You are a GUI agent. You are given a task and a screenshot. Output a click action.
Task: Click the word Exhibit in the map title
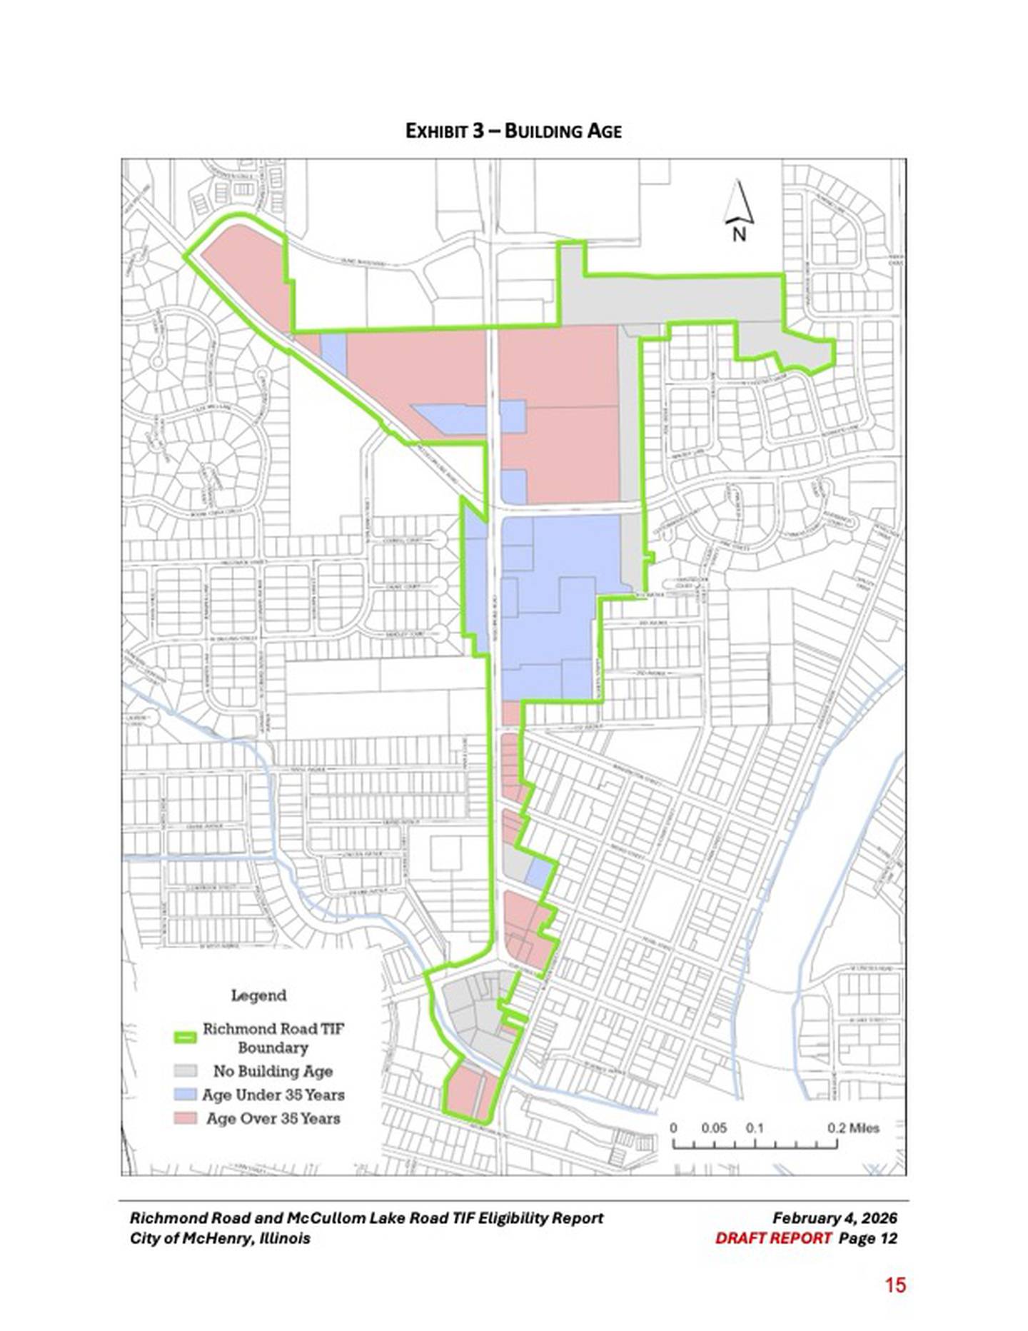(x=436, y=131)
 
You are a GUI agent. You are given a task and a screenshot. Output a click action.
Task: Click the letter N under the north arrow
(x=739, y=233)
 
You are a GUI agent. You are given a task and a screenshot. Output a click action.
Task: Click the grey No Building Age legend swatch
(x=186, y=1070)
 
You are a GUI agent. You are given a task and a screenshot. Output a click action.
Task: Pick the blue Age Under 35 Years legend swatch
(x=186, y=1094)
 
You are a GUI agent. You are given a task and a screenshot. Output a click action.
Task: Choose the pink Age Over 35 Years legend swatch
(x=186, y=1117)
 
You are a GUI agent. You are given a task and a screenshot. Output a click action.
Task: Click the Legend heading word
(x=258, y=995)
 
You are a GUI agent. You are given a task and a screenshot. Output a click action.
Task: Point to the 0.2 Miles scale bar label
(x=853, y=1128)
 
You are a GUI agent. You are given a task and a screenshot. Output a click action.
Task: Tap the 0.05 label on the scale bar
(x=713, y=1128)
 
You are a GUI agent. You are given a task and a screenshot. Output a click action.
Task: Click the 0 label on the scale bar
(x=673, y=1128)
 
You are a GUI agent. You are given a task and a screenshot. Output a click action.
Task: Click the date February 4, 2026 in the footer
(x=835, y=1218)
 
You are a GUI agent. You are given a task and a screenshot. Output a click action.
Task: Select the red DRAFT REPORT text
(x=773, y=1238)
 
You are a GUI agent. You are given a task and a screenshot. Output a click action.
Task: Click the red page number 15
(x=895, y=1285)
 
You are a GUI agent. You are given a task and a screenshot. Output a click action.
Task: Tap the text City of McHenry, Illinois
(x=220, y=1238)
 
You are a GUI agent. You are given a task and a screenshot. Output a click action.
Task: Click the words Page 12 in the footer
(x=867, y=1238)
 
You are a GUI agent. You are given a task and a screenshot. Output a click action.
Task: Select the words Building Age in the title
(x=563, y=131)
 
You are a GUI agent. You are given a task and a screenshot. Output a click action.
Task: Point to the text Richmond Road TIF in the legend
(x=273, y=1028)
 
